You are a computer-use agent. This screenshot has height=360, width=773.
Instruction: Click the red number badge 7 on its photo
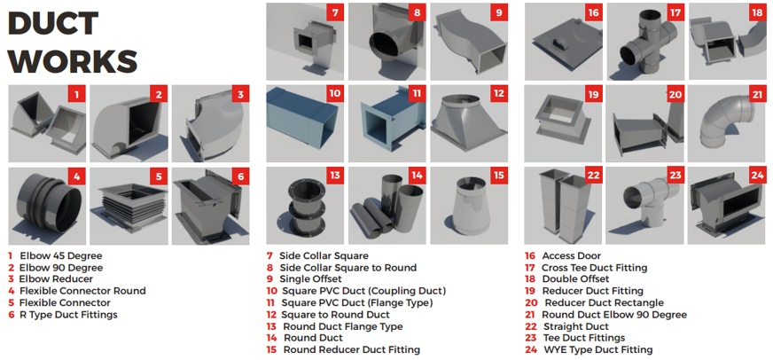point(335,12)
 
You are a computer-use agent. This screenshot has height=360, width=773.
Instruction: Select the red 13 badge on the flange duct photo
point(335,176)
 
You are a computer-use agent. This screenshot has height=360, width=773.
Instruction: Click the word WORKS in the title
point(73,60)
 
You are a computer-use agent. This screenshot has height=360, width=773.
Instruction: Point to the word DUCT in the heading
point(54,24)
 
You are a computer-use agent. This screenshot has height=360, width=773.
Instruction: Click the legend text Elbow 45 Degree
point(61,256)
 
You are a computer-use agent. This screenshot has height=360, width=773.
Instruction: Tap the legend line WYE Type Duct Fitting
point(597,349)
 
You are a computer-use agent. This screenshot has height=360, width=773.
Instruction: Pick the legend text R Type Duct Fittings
point(68,314)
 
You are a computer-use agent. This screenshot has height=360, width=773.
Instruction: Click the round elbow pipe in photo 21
point(726,123)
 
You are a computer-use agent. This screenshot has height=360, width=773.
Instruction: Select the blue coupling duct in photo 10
point(301,121)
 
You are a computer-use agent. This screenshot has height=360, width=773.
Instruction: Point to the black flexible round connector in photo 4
point(46,201)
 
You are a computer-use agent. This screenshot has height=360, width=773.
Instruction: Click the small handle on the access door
point(558,43)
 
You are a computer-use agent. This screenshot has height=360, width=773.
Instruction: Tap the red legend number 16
point(530,256)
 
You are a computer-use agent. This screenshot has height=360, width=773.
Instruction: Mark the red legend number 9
point(269,279)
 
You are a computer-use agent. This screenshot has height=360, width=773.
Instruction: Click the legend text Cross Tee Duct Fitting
point(594,268)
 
